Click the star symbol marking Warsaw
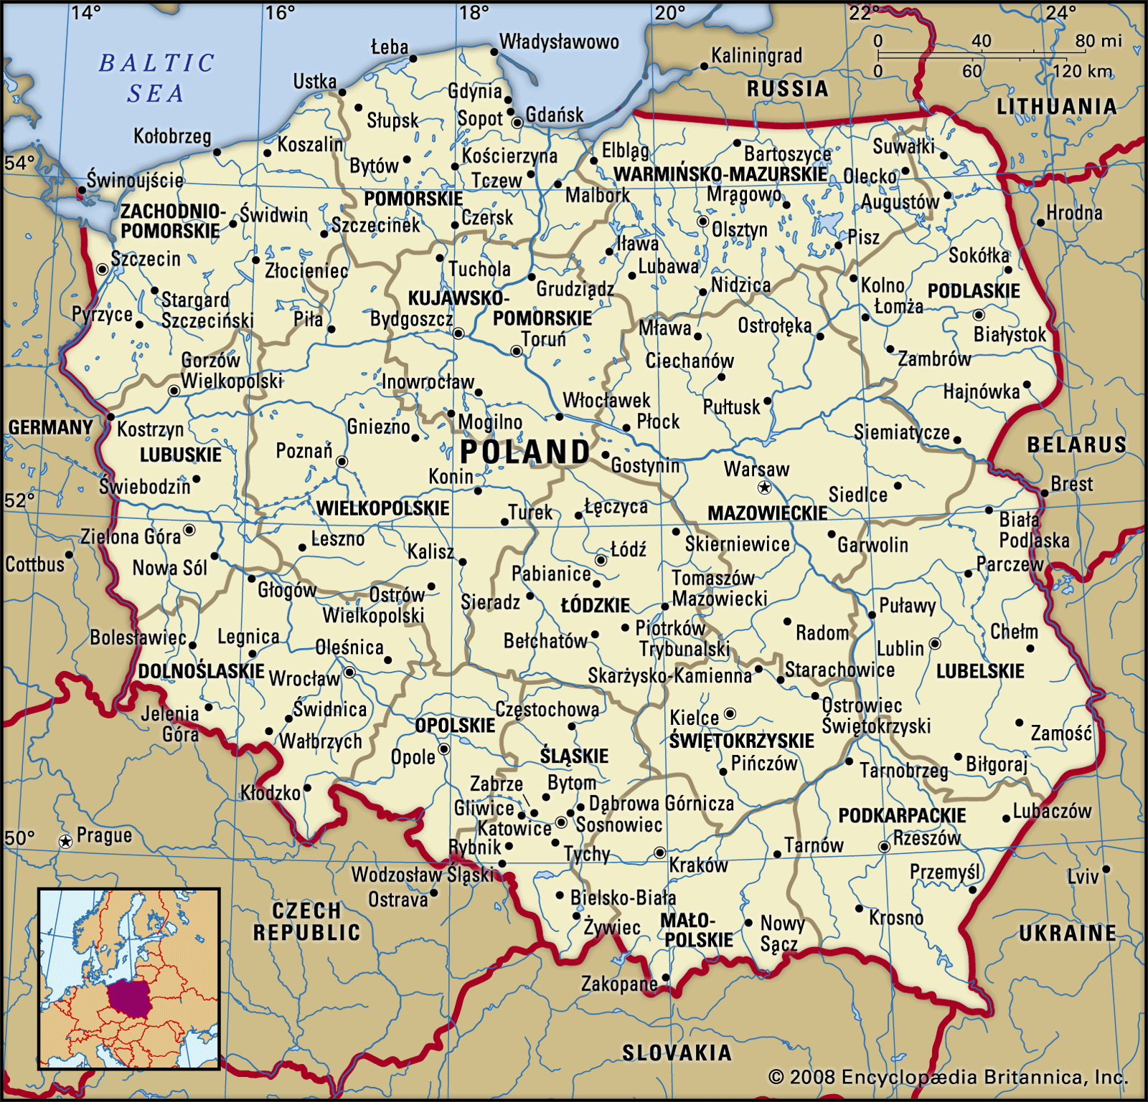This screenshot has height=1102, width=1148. tap(765, 488)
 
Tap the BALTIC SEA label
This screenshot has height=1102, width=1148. tap(156, 77)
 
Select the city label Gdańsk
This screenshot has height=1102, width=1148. tap(555, 115)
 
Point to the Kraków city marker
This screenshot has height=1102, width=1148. tap(660, 852)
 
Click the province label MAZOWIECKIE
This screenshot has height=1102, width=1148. tap(768, 513)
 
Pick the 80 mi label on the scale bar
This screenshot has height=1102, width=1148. tap(1098, 41)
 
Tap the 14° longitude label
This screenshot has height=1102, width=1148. tap(86, 12)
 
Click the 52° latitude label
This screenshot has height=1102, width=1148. tap(19, 500)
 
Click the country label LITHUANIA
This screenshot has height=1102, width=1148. tap(1057, 107)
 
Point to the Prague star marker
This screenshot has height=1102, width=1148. tap(66, 841)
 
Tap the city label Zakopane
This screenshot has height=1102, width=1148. tap(618, 984)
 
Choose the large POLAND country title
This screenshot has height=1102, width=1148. tap(524, 452)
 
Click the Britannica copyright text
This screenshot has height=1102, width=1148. tap(948, 1077)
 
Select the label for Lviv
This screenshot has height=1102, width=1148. tap(1083, 876)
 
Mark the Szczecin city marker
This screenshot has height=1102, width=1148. tap(103, 269)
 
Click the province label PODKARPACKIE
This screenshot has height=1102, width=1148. tap(902, 815)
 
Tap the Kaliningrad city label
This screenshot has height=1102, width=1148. tap(756, 56)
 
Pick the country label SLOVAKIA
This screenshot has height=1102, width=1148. tap(677, 1053)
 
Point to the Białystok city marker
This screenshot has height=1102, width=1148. tap(979, 315)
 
